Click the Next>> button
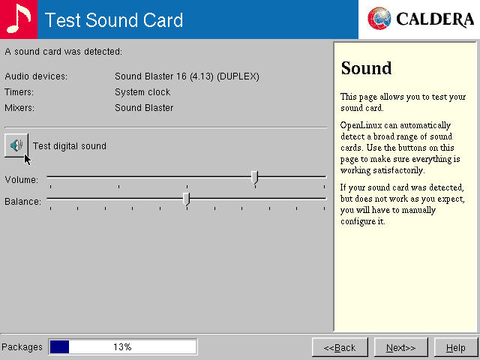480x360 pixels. point(400,347)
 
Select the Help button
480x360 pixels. point(455,347)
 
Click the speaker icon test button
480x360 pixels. point(16,145)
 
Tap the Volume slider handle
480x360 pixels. point(254,177)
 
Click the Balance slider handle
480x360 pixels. point(186,199)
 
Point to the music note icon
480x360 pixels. point(18,19)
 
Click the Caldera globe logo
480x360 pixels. point(380,19)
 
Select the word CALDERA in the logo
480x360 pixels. point(435,19)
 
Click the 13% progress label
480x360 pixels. point(122,347)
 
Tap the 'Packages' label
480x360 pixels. point(22,347)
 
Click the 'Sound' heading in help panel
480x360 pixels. point(366,69)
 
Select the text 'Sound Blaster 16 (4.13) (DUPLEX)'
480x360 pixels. point(187,76)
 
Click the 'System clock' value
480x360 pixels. point(142,92)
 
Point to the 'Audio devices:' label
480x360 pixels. point(36,76)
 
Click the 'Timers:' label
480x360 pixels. point(19,92)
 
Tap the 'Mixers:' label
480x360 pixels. point(19,108)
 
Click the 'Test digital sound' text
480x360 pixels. point(69,146)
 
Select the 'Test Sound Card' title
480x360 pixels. point(114,19)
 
